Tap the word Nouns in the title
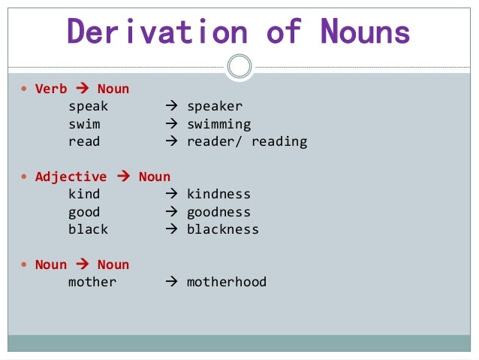(x=365, y=32)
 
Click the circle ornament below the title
(x=239, y=66)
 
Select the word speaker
(x=215, y=107)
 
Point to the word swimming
(x=218, y=124)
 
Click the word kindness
(x=218, y=195)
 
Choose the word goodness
(x=218, y=212)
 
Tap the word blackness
(x=222, y=229)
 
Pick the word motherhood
(x=227, y=283)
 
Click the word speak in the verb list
(x=88, y=107)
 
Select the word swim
(x=84, y=124)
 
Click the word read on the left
(x=84, y=141)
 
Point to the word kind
(x=84, y=195)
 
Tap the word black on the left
(x=88, y=229)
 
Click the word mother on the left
(x=92, y=283)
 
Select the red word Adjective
(x=71, y=177)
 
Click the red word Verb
(x=51, y=89)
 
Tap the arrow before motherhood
(x=171, y=283)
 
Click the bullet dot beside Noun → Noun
(x=25, y=265)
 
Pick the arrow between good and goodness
(x=171, y=212)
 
